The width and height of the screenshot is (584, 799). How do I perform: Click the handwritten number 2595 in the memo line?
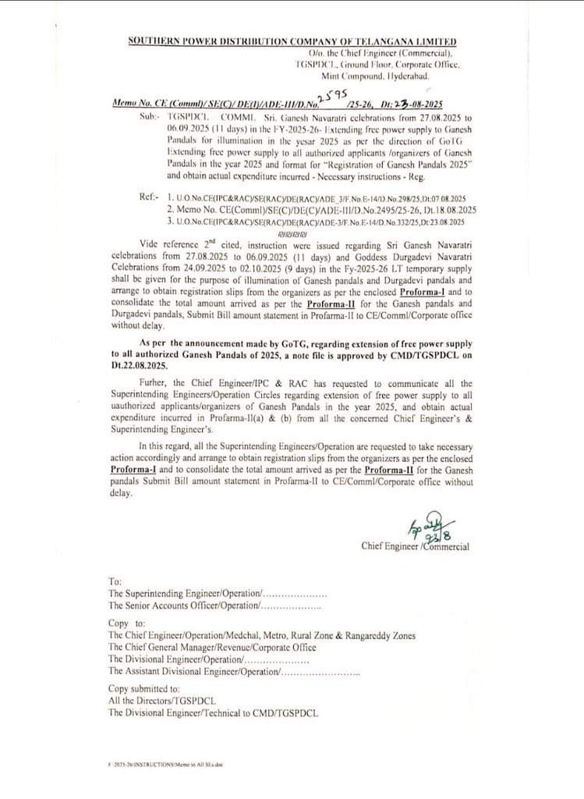(x=341, y=95)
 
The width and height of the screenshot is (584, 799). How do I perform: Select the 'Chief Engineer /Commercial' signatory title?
(x=415, y=547)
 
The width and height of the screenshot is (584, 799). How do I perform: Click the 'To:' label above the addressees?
(x=115, y=582)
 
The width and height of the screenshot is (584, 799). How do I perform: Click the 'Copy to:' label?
(x=128, y=624)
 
